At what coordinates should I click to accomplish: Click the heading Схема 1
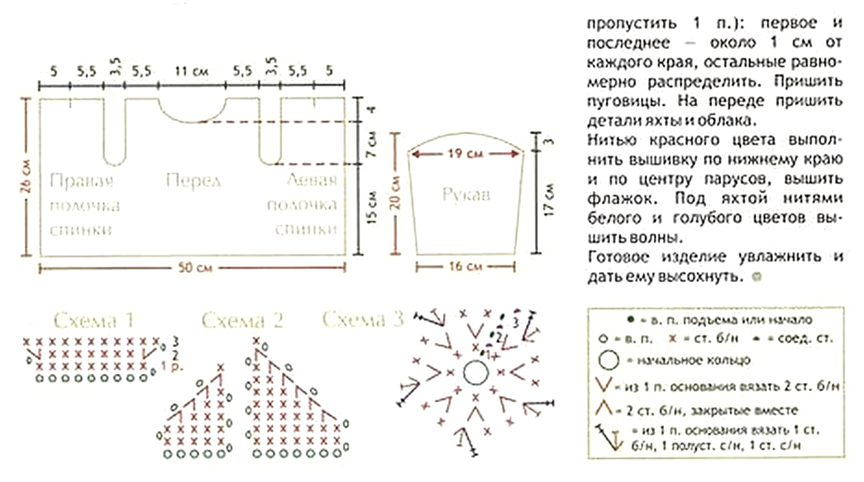[x=94, y=320]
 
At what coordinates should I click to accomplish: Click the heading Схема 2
[x=242, y=320]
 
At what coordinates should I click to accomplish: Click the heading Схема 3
[x=363, y=320]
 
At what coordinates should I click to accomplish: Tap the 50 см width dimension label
[x=195, y=267]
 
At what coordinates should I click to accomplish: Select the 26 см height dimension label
[x=26, y=176]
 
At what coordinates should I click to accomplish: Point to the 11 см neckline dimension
[x=192, y=71]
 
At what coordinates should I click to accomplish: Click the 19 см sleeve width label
[x=465, y=154]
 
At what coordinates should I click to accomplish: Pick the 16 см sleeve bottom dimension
[x=465, y=266]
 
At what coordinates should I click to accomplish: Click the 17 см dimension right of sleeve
[x=549, y=200]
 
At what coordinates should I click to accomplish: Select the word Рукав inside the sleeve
[x=466, y=195]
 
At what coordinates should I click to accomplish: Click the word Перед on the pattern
[x=193, y=180]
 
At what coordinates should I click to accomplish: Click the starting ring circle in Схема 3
[x=476, y=373]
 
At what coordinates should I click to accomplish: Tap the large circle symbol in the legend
[x=609, y=360]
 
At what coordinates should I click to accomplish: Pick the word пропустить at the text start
[x=632, y=23]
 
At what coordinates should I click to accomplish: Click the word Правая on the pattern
[x=82, y=180]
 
